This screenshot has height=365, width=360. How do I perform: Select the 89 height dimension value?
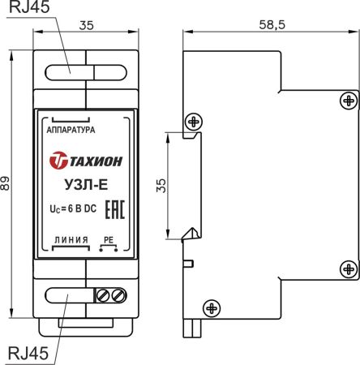coord(8,184)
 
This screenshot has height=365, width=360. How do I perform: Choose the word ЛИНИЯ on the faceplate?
coord(69,240)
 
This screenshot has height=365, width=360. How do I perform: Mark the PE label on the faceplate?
coord(109,240)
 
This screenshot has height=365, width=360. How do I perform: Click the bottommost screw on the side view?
coord(212,307)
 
